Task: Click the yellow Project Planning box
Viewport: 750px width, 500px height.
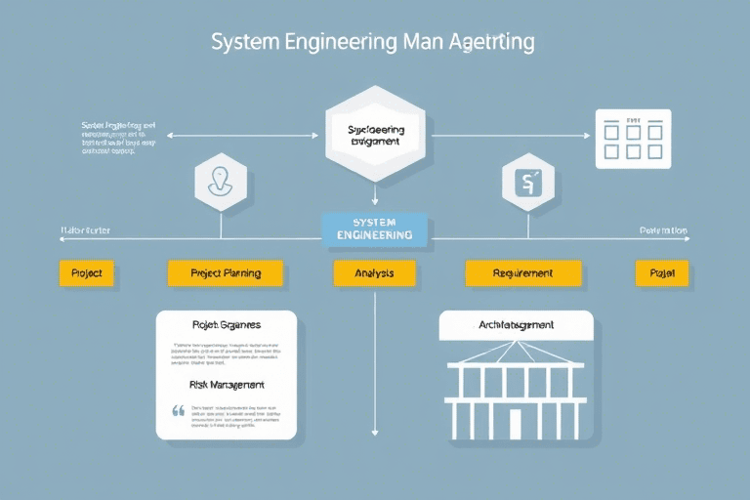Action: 226,273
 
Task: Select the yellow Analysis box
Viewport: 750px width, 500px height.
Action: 374,273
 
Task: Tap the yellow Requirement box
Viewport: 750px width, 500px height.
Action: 522,273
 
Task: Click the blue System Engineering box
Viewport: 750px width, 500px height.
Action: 374,229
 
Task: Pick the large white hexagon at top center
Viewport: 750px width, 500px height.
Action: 374,135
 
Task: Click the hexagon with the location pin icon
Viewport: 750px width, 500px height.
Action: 220,181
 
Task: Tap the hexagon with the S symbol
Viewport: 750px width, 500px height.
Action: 527,181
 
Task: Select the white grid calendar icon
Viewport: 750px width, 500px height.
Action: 634,139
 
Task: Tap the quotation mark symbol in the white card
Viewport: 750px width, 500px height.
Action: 178,411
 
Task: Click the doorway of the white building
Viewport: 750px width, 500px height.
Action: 516,423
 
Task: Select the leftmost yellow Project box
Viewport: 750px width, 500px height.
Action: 87,273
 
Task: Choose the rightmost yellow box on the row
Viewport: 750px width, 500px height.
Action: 662,273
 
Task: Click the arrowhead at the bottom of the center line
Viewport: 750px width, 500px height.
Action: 375,432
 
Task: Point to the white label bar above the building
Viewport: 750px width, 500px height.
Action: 516,325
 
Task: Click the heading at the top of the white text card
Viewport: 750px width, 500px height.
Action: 227,324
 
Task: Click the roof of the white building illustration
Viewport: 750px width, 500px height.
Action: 516,356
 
